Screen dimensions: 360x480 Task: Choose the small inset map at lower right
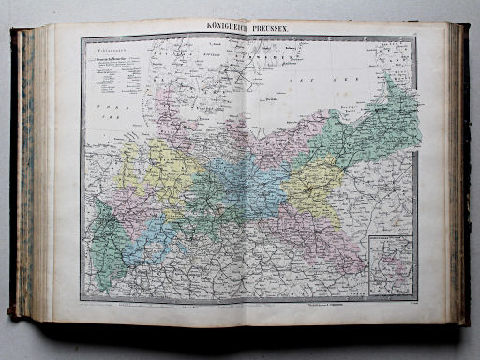pos(392,261)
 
